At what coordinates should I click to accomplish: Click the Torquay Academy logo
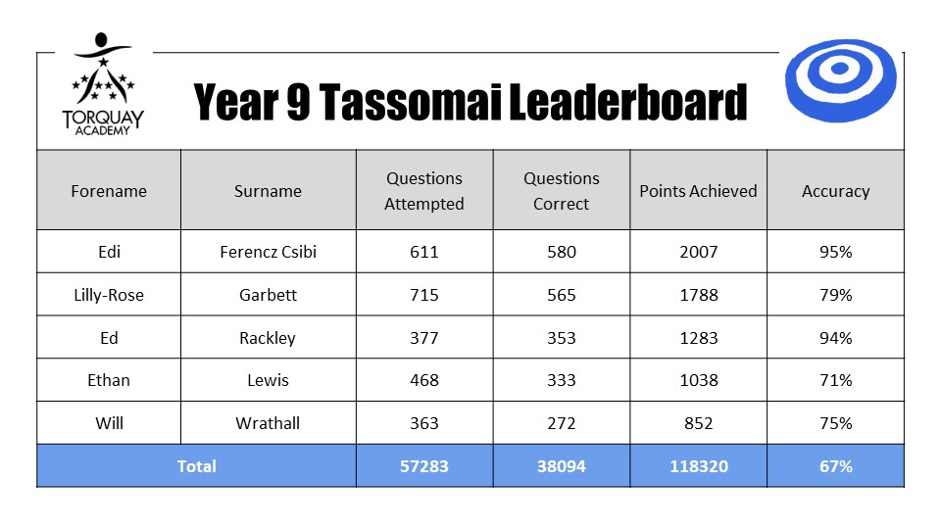coord(103,84)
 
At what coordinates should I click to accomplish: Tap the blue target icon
coord(840,80)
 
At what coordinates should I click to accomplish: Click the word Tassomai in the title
coord(410,102)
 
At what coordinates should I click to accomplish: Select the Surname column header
coord(268,191)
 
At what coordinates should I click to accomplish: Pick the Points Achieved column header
coord(698,191)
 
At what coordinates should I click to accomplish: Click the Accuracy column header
coord(835,191)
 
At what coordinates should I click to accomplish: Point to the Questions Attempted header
coord(424,191)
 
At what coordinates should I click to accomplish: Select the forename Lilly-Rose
coord(109,295)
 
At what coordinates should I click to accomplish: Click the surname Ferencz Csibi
coord(268,252)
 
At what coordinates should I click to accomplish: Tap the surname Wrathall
coord(268,423)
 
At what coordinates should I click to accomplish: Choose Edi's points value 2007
coord(699,252)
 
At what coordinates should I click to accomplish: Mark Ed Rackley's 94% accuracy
coord(836,338)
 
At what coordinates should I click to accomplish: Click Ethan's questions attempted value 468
coord(424,380)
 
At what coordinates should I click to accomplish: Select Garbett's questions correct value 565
coord(561,295)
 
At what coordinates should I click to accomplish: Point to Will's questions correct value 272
coord(561,423)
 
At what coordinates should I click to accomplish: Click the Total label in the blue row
coord(196,466)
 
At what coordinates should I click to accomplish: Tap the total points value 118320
coord(699,466)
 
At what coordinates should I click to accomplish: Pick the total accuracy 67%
coord(836,466)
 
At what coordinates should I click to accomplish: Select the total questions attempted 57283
coord(424,466)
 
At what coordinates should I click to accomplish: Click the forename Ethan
coord(109,380)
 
